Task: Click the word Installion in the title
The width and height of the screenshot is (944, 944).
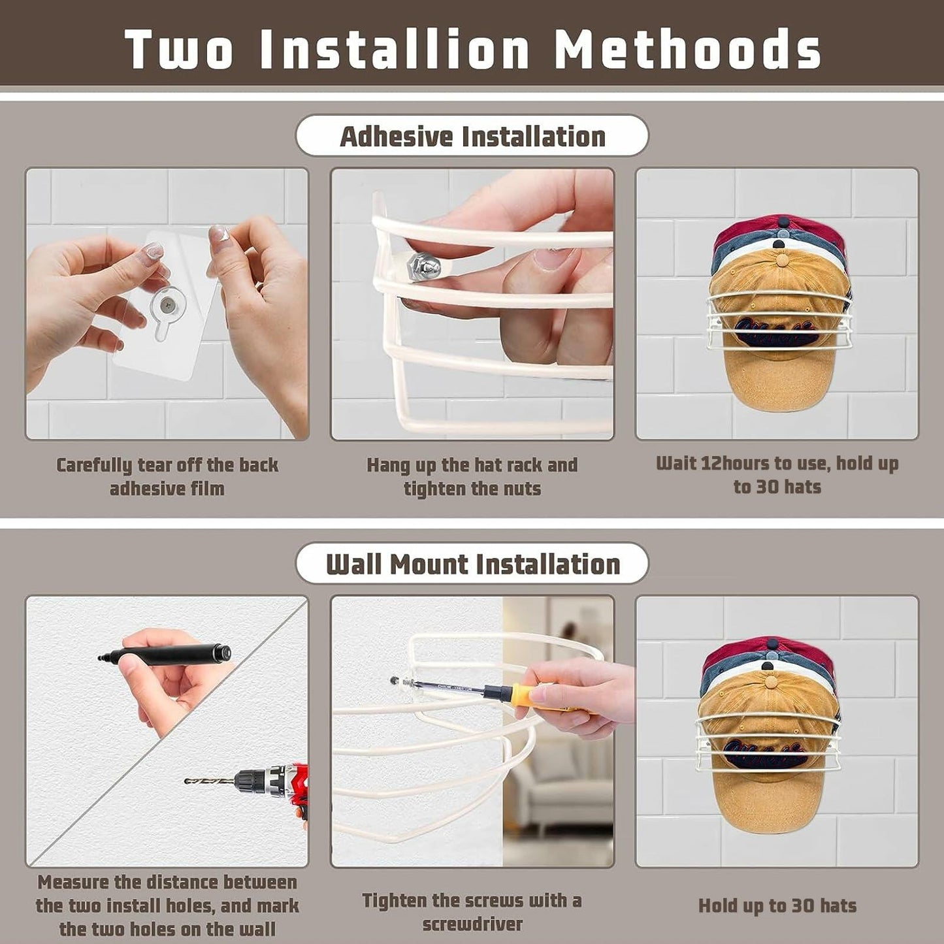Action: point(395,48)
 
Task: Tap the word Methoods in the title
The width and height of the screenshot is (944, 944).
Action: point(687,48)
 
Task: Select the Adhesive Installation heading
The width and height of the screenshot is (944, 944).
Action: point(472,136)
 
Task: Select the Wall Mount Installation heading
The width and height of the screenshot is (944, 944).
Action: point(473,564)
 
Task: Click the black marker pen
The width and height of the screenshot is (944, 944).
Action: point(164,653)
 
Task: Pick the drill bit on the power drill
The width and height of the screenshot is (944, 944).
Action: point(210,781)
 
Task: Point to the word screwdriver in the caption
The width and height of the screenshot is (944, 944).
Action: point(472,924)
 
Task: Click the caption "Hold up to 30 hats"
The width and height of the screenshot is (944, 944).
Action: point(777,906)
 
